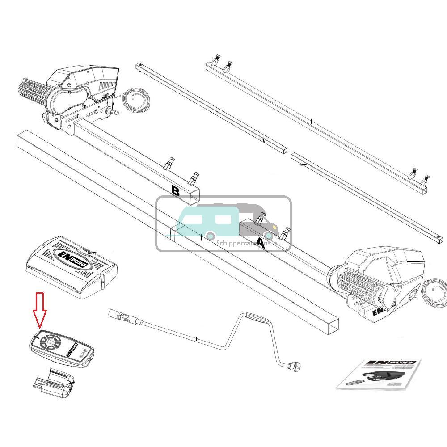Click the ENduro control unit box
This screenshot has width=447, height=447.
point(72,266)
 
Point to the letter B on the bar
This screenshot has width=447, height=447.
point(176,191)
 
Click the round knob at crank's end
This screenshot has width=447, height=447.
point(295,367)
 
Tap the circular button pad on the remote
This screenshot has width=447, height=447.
point(50,342)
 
